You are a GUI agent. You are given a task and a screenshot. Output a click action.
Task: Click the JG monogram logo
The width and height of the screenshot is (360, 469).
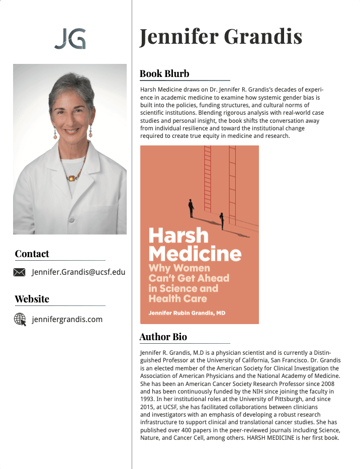pos(70,39)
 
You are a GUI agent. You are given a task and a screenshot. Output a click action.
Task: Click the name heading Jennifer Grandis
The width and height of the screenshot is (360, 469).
pos(221,37)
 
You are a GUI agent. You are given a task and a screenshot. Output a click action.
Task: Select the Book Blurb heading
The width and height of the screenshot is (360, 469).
pos(164,73)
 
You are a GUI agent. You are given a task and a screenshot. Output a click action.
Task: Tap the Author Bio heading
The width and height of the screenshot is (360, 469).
pos(163,337)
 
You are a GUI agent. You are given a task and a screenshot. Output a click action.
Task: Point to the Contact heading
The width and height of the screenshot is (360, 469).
pos(32,254)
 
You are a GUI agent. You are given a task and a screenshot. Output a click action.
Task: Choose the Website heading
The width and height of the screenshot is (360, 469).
pos(32,299)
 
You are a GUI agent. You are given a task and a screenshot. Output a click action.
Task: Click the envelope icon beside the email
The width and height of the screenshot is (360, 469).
pos(19,272)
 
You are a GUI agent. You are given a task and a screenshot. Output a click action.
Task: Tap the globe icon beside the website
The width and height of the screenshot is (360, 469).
pos(20,319)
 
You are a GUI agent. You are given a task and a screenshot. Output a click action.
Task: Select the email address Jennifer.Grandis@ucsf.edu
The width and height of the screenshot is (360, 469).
pos(78,272)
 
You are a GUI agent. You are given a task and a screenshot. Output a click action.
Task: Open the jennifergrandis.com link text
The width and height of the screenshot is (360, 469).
pos(67,319)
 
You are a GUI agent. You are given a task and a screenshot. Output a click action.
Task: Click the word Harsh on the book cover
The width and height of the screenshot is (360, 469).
pos(171,236)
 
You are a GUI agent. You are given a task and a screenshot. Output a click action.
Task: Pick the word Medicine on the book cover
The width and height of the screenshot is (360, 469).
pos(195,253)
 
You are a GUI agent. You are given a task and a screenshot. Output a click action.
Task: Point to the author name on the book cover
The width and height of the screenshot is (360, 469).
pos(187,313)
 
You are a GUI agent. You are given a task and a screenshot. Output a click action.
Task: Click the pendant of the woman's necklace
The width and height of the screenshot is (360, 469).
pos(71,178)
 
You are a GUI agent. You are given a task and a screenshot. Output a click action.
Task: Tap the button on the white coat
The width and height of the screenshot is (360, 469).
pos(72,219)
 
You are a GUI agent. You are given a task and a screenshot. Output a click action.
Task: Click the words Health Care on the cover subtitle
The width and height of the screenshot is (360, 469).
pos(177,298)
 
